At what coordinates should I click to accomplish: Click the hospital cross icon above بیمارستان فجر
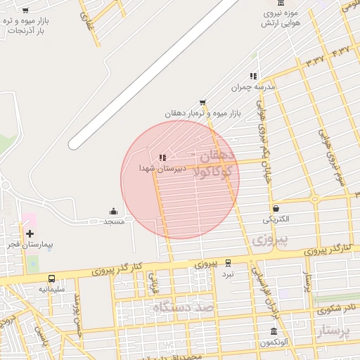tap(30, 233)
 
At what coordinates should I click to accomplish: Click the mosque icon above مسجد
tap(113, 211)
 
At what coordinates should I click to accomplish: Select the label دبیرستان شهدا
tap(162, 169)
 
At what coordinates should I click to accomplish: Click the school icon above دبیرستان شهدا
tap(162, 157)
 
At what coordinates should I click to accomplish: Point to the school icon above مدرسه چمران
tap(253, 76)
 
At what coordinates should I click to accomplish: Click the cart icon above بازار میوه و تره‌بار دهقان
tap(202, 102)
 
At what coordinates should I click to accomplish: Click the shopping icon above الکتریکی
tap(275, 208)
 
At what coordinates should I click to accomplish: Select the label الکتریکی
tap(276, 219)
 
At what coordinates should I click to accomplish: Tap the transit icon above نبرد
tap(227, 263)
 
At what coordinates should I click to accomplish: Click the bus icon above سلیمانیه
tap(51, 278)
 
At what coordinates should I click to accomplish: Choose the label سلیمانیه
tap(52, 289)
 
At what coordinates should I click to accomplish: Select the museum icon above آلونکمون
tap(274, 332)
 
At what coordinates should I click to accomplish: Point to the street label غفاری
tap(89, 29)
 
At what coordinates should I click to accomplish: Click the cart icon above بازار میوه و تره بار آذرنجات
tap(26, 11)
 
